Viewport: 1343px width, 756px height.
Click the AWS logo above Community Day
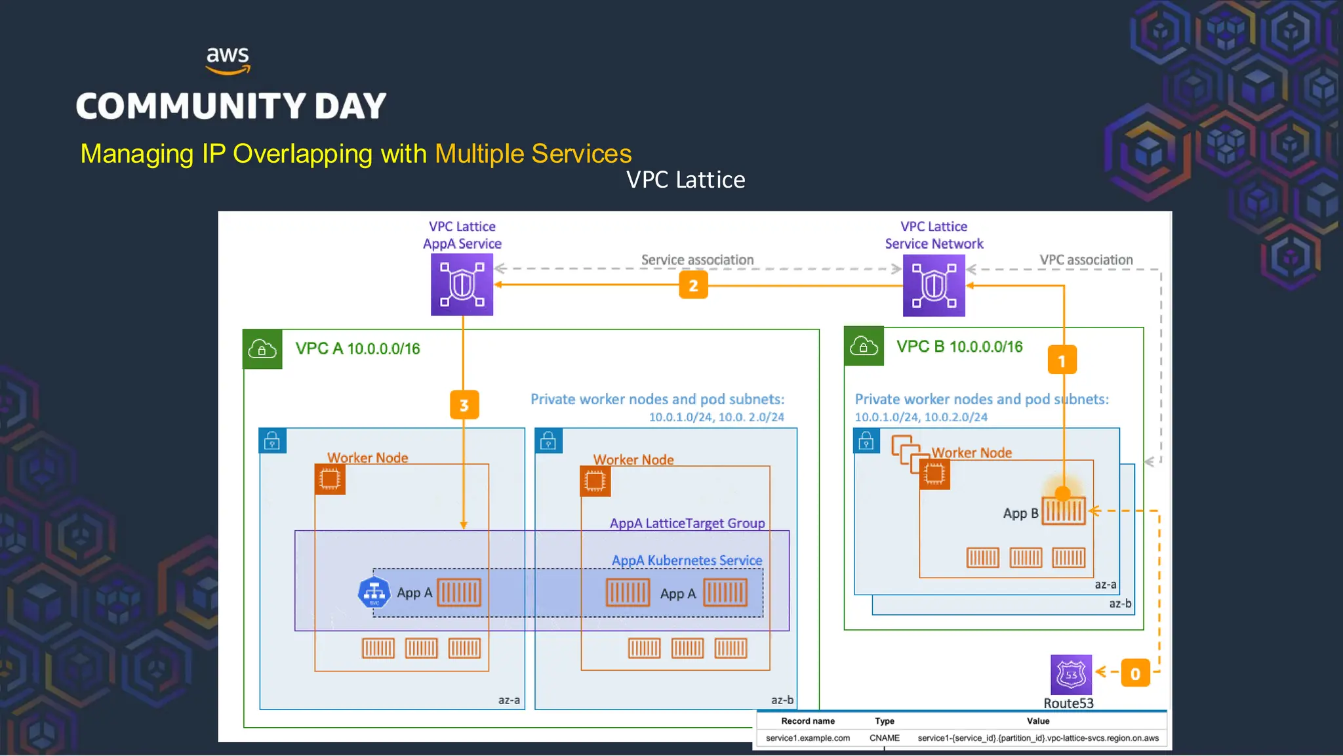pyautogui.click(x=228, y=60)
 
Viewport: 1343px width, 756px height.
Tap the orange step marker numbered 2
pyautogui.click(x=693, y=285)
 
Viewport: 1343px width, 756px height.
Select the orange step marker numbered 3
pyautogui.click(x=464, y=405)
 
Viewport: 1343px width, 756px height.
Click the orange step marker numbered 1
pyautogui.click(x=1062, y=360)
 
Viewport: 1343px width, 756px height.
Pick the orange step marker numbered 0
pyautogui.click(x=1135, y=673)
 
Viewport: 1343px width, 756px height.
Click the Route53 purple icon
pyautogui.click(x=1071, y=675)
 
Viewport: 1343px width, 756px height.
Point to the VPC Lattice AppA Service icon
pyautogui.click(x=462, y=285)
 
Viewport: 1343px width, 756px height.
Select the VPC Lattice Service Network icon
pyautogui.click(x=933, y=285)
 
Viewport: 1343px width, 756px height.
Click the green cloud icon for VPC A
pyautogui.click(x=262, y=349)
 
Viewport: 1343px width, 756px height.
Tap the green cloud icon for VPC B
pyautogui.click(x=864, y=346)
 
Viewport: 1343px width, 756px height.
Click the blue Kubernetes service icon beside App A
pyautogui.click(x=374, y=593)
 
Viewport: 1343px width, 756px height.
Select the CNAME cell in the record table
pyautogui.click(x=884, y=738)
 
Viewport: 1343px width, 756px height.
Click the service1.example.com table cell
pyautogui.click(x=807, y=738)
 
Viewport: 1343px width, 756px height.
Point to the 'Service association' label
pyautogui.click(x=697, y=260)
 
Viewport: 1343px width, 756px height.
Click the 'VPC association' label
pyautogui.click(x=1086, y=260)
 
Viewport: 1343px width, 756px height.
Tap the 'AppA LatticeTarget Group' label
pyautogui.click(x=687, y=523)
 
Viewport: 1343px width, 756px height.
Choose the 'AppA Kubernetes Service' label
pyautogui.click(x=687, y=560)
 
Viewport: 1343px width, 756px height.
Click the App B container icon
pyautogui.click(x=1064, y=511)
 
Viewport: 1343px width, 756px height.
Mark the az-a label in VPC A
pyautogui.click(x=508, y=700)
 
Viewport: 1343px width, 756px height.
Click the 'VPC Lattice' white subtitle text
pyautogui.click(x=685, y=180)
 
